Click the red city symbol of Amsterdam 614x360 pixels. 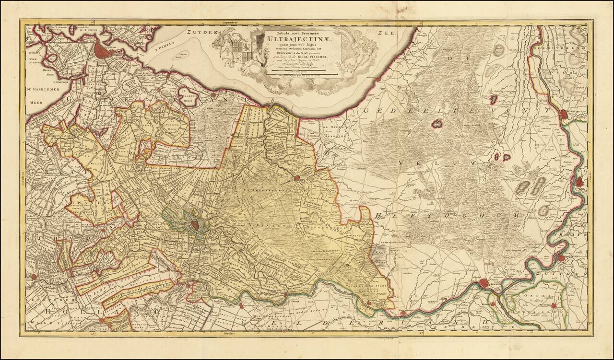tap(103, 48)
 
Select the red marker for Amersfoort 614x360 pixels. tap(296, 178)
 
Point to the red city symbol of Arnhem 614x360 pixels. tap(486, 283)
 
